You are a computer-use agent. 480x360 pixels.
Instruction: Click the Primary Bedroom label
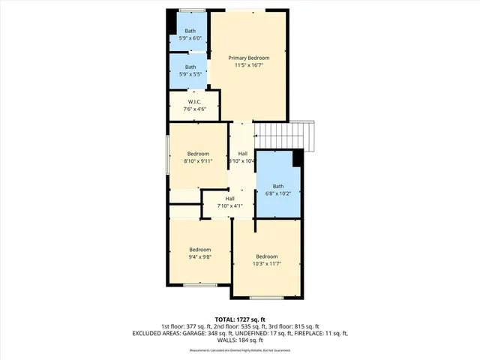tap(249, 58)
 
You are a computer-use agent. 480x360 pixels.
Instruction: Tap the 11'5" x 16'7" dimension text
tap(249, 65)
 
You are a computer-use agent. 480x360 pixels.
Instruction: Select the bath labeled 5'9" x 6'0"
tap(190, 34)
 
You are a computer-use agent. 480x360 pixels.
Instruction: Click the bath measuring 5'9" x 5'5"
tap(190, 70)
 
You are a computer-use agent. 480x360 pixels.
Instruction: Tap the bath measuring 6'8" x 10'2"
tap(278, 190)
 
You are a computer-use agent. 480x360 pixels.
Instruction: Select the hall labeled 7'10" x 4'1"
tap(230, 202)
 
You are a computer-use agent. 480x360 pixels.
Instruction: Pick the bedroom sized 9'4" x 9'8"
tap(199, 253)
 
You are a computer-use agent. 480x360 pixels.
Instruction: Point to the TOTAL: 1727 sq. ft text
tap(240, 319)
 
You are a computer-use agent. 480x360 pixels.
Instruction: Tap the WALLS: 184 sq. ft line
tap(240, 340)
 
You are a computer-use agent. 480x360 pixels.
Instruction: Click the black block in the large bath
tap(297, 159)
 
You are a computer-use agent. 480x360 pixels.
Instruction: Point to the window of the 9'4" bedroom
tap(199, 284)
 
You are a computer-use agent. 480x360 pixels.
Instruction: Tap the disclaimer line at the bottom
tap(240, 350)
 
